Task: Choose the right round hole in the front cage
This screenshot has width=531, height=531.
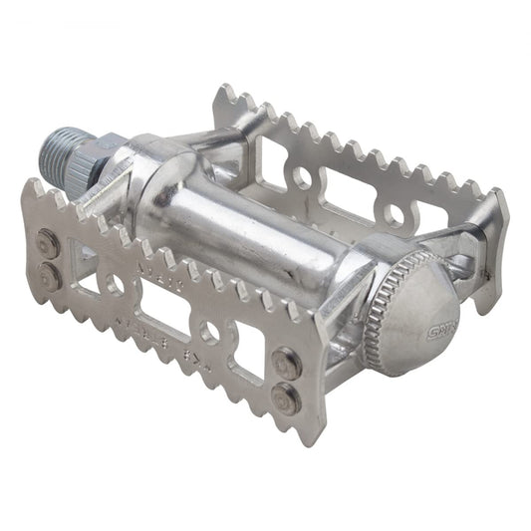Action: [210, 332]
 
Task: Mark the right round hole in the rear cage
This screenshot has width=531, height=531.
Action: [397, 215]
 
